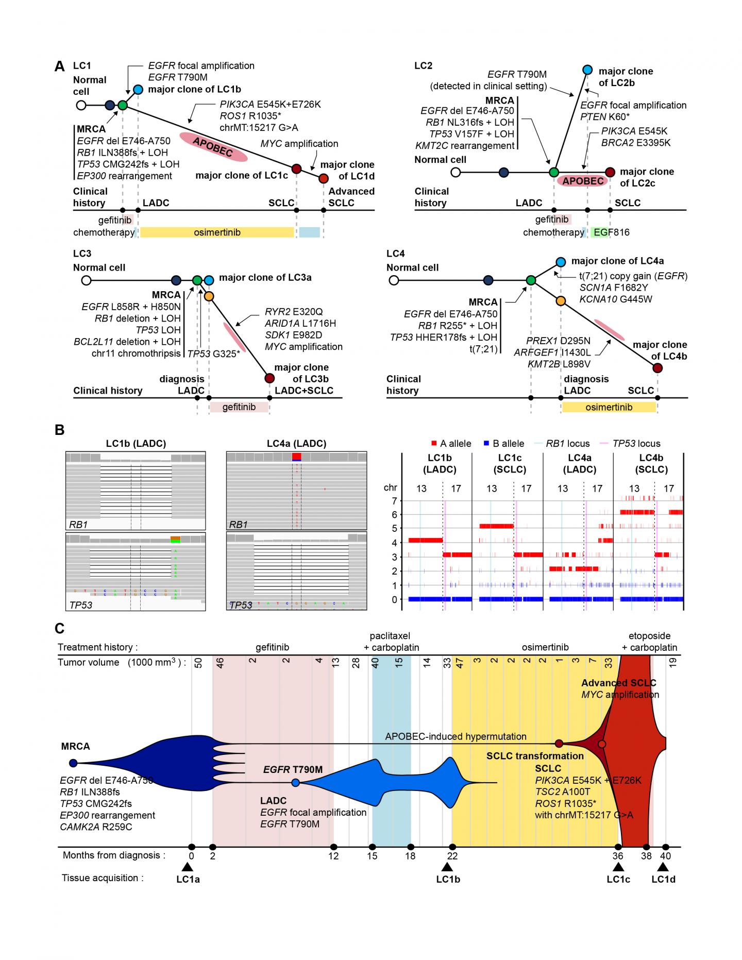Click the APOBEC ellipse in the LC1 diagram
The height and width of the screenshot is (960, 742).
click(x=213, y=146)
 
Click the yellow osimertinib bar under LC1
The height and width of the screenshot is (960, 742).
click(x=216, y=232)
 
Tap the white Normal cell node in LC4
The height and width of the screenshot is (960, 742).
click(x=394, y=280)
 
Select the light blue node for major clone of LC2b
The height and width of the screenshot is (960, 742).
click(x=587, y=70)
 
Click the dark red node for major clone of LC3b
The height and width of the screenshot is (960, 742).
click(x=269, y=378)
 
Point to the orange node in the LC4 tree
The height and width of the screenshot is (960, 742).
click(x=561, y=300)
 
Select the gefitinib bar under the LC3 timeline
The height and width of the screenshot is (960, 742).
click(x=239, y=407)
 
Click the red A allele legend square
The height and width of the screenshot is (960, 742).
click(x=434, y=444)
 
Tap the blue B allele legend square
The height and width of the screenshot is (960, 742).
click(x=486, y=444)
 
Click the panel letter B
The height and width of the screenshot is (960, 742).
click(x=60, y=430)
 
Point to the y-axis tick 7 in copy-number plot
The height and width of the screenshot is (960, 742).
click(x=394, y=501)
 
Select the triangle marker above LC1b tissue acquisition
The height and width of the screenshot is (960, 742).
click(x=447, y=868)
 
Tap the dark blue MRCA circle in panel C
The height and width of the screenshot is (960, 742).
click(x=73, y=763)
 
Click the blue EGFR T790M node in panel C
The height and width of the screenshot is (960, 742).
click(x=295, y=783)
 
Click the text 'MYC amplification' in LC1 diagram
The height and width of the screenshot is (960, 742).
click(x=299, y=144)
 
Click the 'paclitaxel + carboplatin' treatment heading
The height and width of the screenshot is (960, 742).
click(x=390, y=642)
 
